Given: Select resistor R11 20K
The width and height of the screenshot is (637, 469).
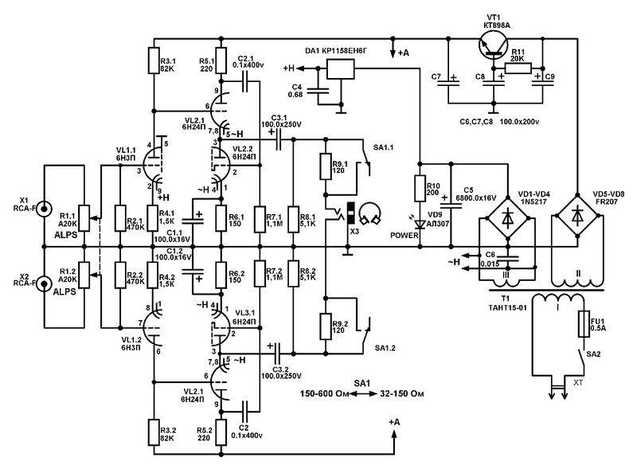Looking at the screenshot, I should tap(518, 68).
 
